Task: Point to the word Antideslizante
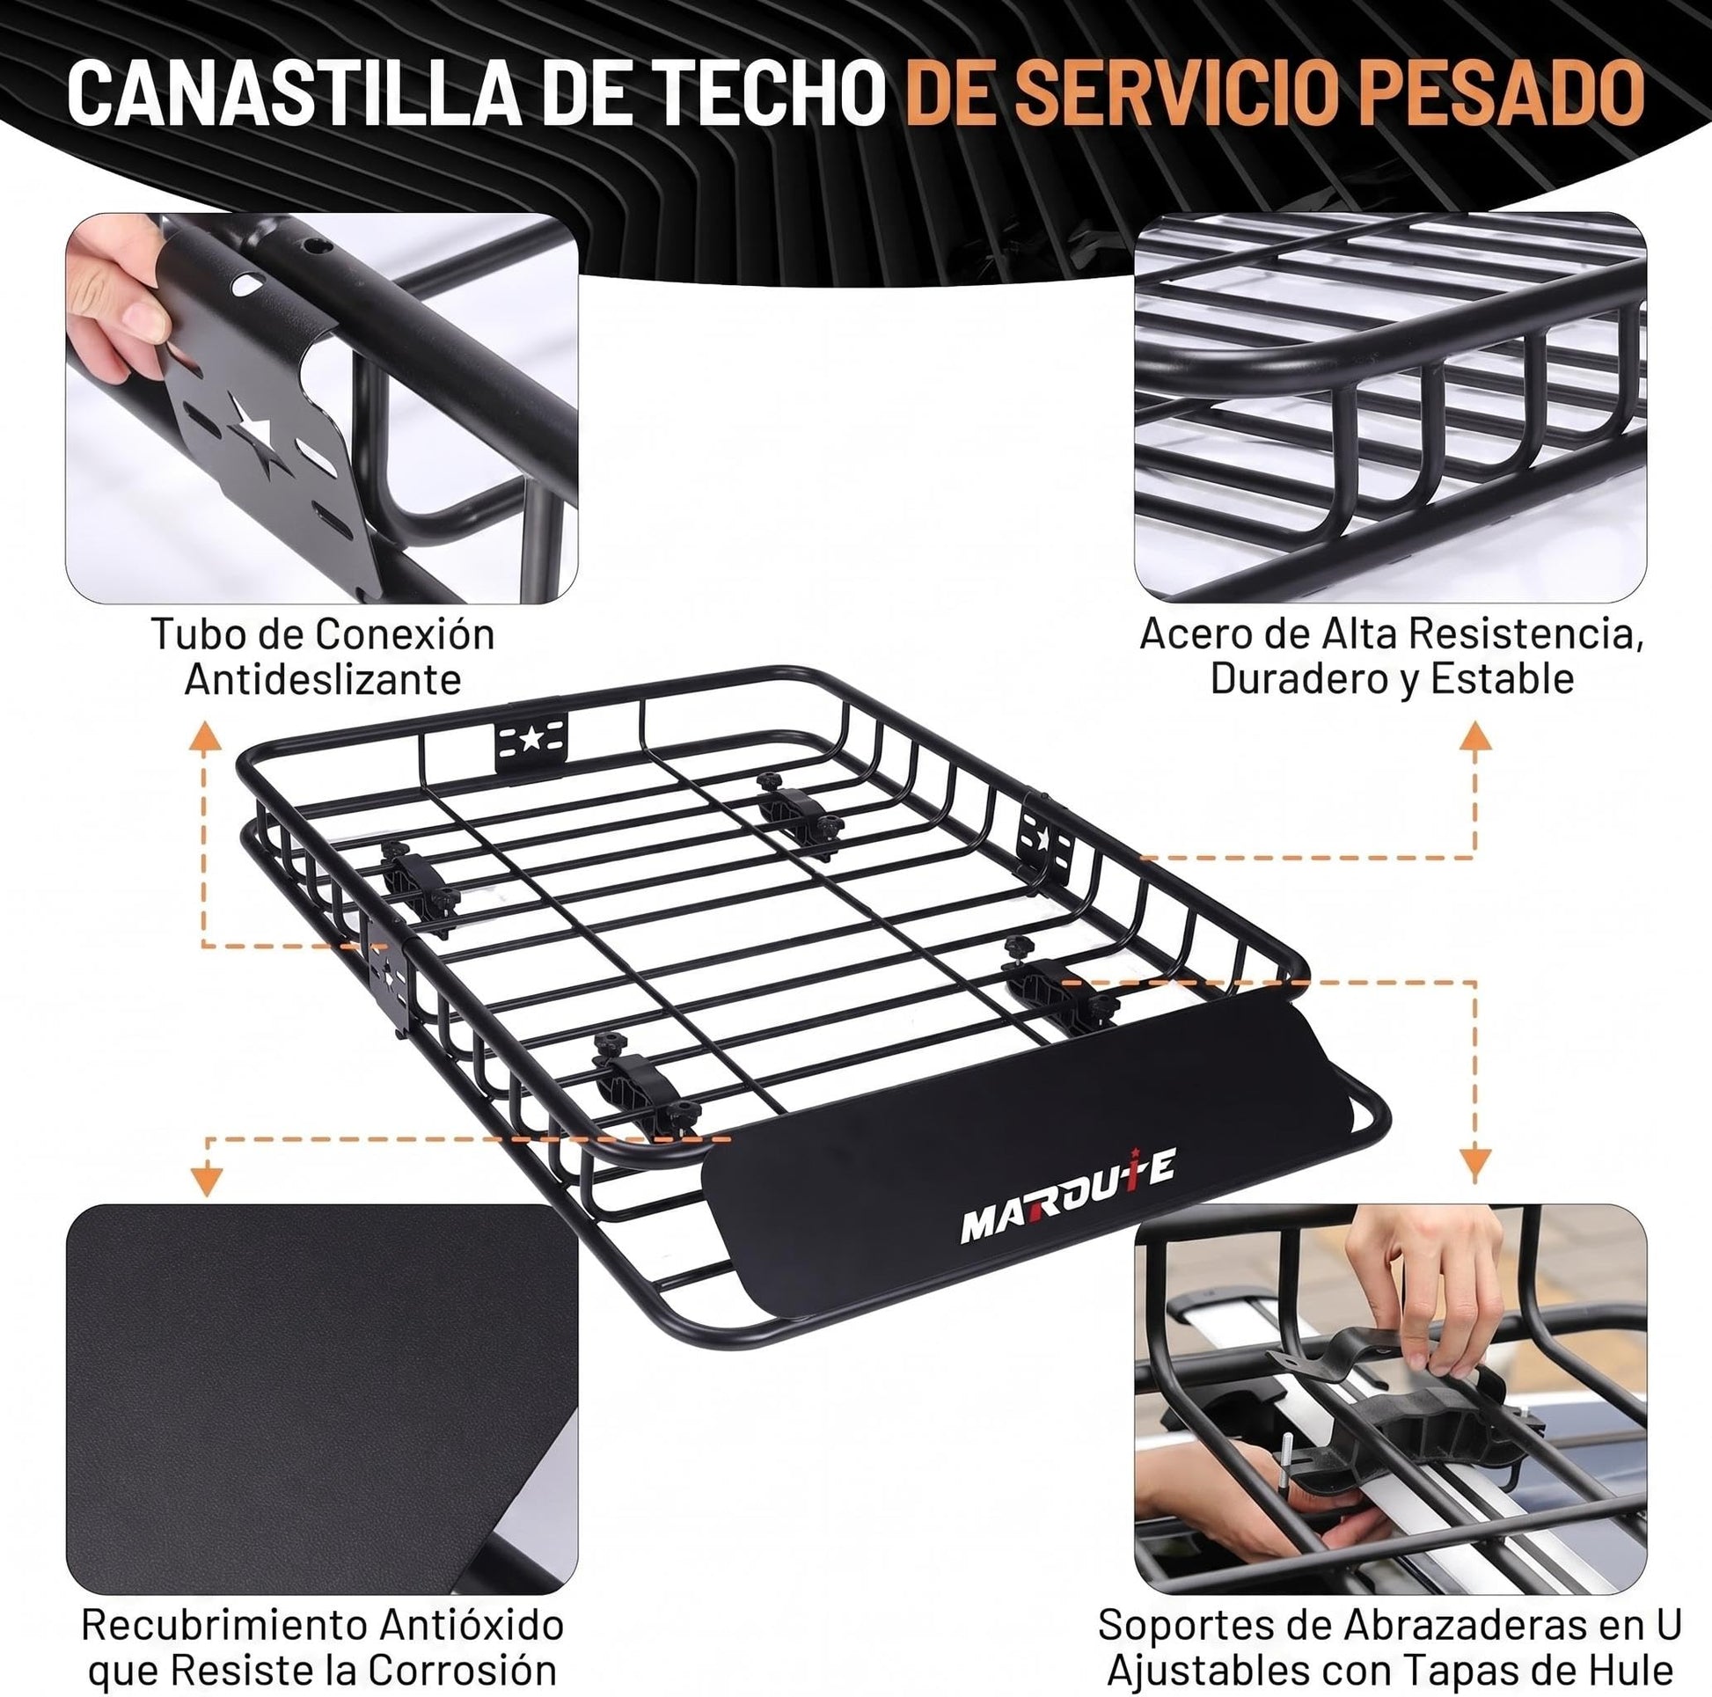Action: pos(323,680)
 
